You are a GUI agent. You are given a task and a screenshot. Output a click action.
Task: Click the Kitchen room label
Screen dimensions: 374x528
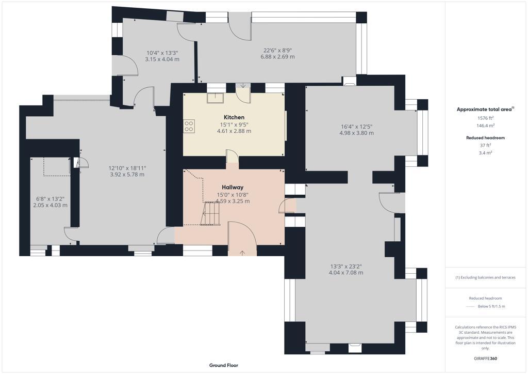click(234, 117)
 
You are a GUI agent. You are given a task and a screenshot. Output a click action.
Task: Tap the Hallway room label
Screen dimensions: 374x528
click(233, 187)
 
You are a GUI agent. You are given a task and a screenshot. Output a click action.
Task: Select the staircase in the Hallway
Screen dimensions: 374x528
click(211, 213)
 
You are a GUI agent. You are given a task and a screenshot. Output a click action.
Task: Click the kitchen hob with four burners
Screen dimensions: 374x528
click(189, 126)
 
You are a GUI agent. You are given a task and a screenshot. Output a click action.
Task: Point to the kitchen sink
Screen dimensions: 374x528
click(215, 98)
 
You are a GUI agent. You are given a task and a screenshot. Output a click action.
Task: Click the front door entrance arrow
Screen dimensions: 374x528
click(242, 252)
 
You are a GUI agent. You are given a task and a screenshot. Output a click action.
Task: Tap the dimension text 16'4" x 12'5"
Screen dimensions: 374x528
click(356, 126)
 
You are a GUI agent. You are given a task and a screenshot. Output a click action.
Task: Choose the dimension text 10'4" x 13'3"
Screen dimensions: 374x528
click(162, 53)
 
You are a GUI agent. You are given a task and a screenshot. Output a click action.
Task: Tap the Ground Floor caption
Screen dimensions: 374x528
click(223, 365)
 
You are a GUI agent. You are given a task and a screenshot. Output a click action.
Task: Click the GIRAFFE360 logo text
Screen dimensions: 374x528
click(485, 358)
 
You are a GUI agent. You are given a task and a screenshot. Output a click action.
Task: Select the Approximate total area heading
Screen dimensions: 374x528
click(485, 109)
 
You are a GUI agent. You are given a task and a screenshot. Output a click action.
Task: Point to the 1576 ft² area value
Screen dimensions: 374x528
click(485, 118)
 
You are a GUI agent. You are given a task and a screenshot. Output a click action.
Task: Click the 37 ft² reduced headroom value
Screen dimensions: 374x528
click(485, 146)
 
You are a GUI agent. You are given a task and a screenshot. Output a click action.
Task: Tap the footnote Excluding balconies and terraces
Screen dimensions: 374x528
click(485, 277)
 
